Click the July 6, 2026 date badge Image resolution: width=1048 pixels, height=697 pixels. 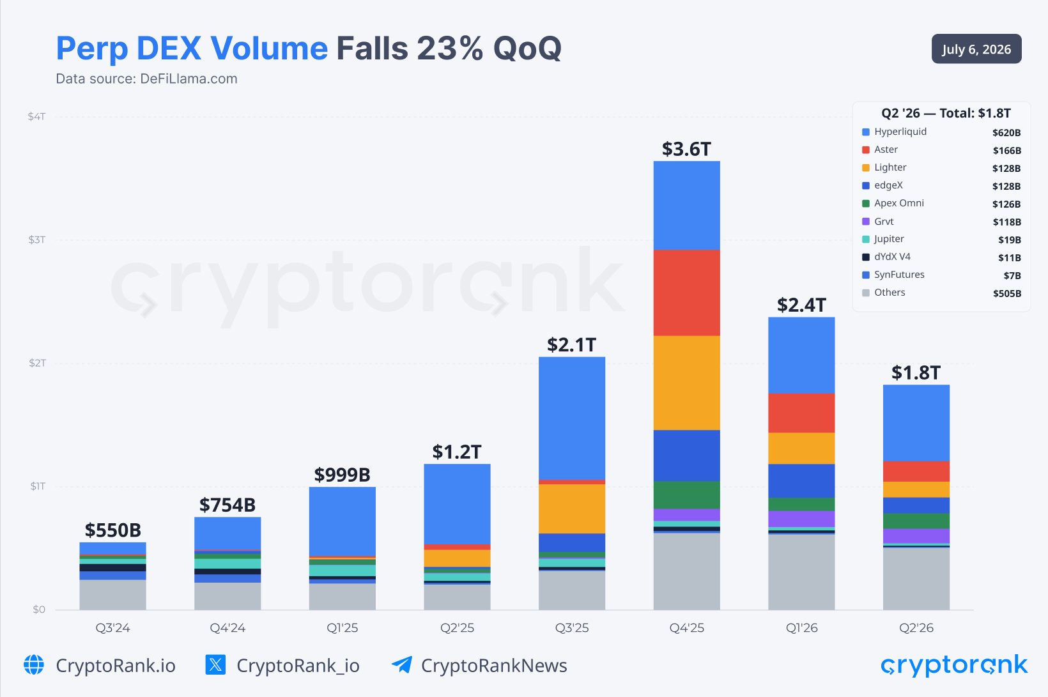tap(976, 49)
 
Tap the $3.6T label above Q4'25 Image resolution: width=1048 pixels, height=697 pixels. tap(686, 149)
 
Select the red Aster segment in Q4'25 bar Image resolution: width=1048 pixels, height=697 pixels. tap(686, 293)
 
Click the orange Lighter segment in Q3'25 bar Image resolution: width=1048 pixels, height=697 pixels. tap(572, 509)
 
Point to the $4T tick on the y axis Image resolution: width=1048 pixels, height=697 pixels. tap(36, 116)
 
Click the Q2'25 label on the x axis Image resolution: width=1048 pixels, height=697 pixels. tap(457, 627)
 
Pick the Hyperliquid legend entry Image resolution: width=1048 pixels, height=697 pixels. tap(894, 132)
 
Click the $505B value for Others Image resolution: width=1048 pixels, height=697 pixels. tap(1007, 293)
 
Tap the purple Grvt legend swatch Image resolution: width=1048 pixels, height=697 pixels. tap(866, 221)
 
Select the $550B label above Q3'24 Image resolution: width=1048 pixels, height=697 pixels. tap(112, 530)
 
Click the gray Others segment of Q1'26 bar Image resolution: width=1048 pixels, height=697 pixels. tap(801, 572)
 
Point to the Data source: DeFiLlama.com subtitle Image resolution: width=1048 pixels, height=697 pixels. tap(146, 79)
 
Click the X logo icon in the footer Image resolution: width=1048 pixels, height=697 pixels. tap(216, 664)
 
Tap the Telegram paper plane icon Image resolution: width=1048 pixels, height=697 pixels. tap(402, 664)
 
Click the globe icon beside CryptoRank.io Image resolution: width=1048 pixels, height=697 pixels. tap(34, 664)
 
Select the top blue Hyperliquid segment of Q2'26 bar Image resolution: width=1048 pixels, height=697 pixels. tap(916, 423)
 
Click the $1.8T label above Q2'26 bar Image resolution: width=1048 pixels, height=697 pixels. tap(916, 373)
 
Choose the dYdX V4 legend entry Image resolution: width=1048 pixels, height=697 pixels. tap(886, 257)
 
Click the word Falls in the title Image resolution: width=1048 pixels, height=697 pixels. tap(372, 48)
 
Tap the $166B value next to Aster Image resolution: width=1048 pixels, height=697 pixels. tap(1007, 151)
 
